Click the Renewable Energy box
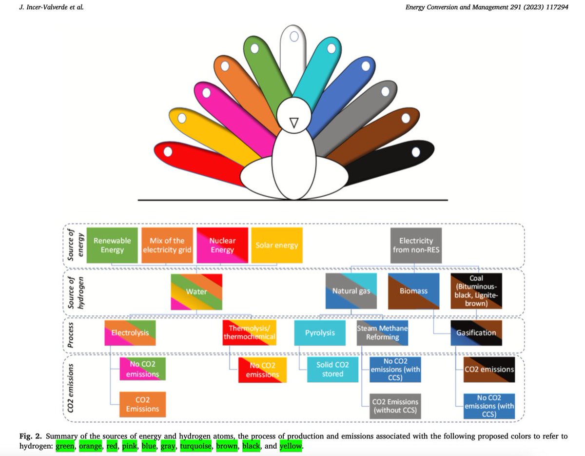(112, 245)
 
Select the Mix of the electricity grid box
(167, 245)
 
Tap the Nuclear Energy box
(222, 245)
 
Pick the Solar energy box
(277, 245)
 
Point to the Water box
(197, 291)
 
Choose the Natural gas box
(351, 291)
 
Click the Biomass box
(414, 291)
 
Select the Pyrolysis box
(320, 332)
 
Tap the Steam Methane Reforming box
(382, 332)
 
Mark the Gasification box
(476, 332)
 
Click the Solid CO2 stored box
(332, 370)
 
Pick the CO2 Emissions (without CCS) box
(395, 407)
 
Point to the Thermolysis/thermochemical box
(250, 332)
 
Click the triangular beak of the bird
(293, 124)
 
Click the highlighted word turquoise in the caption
(195, 446)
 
